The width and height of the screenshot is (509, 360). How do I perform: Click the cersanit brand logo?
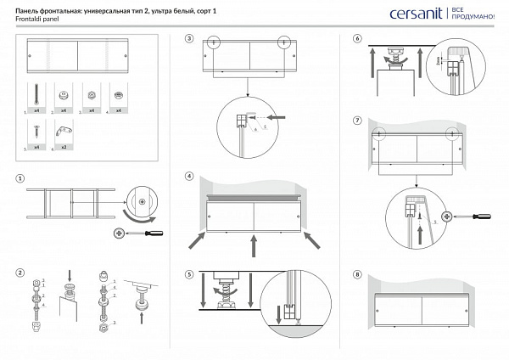point(414,14)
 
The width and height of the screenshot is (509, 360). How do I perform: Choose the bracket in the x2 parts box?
point(61,131)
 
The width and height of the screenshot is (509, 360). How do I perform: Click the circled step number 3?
point(189,39)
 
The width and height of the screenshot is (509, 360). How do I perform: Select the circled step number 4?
point(189,177)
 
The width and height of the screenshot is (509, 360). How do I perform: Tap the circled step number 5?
point(189,274)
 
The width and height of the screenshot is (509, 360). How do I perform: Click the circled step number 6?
point(357,39)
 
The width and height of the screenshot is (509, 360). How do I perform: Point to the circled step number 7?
point(357,121)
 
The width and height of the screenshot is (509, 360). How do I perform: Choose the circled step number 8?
point(357,274)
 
